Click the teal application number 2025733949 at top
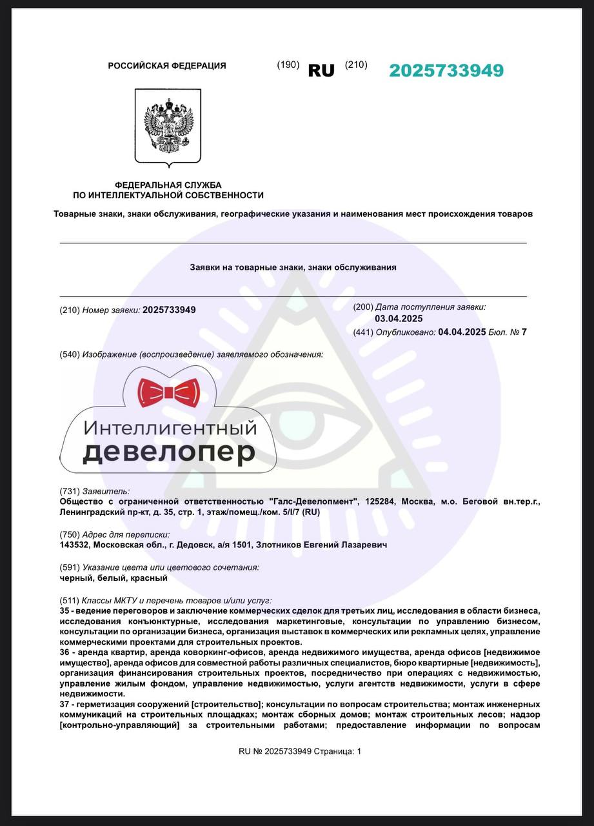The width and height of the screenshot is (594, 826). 446,71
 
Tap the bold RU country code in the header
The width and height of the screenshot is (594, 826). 321,71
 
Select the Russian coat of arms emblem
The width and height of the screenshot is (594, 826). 168,126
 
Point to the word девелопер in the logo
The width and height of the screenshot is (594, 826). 169,452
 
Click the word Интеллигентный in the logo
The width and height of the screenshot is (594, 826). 171,428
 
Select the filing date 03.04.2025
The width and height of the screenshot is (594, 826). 399,319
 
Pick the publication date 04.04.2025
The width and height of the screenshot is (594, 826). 462,332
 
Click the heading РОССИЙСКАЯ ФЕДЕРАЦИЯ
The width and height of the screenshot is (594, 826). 166,66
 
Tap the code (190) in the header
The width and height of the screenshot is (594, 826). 288,65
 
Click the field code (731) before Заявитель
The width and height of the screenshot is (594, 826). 70,491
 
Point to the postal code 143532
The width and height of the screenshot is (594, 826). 75,545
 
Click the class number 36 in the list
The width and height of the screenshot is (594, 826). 64,654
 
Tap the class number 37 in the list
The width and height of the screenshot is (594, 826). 64,704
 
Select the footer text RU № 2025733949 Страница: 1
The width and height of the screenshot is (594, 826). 300,751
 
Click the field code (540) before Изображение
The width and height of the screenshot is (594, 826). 70,355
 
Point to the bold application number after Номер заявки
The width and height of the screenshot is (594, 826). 169,310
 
